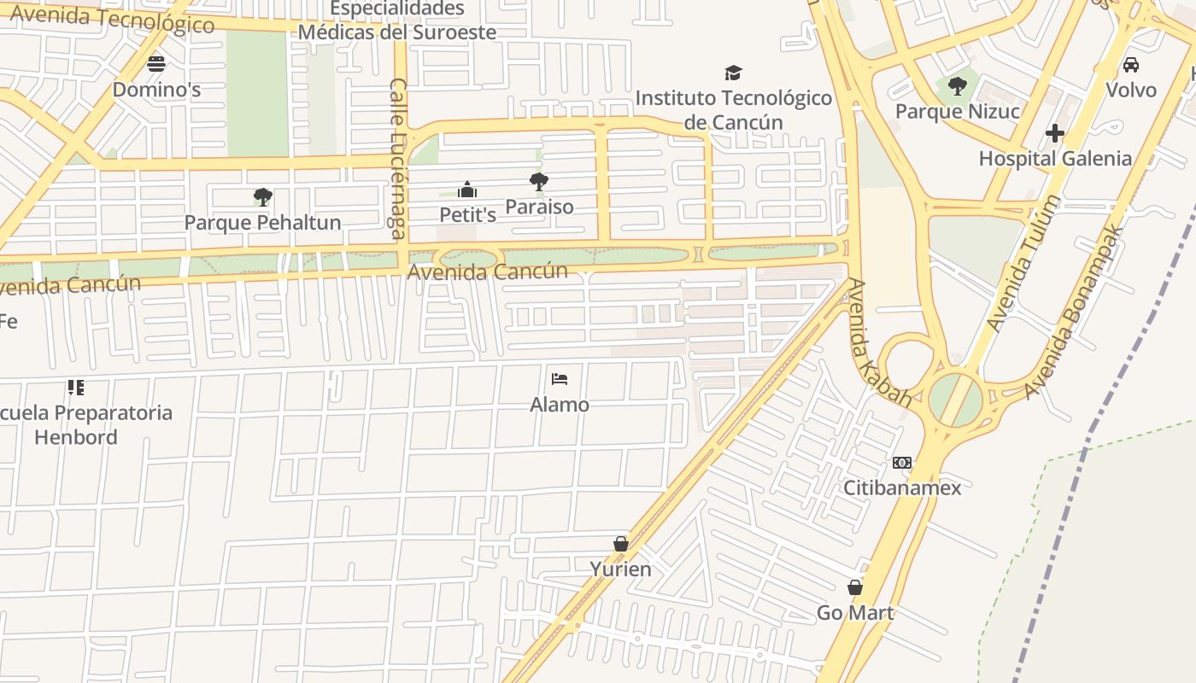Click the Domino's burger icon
tap(155, 63)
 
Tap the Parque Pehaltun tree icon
tap(262, 197)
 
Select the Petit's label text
tap(467, 214)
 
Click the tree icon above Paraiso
tap(538, 181)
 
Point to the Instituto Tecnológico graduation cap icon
tap(733, 73)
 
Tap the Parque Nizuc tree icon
tap(957, 85)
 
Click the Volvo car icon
tap(1130, 64)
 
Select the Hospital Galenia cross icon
tap(1055, 133)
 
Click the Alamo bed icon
tap(560, 378)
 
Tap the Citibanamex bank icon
tap(901, 463)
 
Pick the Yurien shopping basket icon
tap(621, 544)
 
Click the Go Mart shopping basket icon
tap(854, 587)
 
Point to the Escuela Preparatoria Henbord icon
tap(76, 388)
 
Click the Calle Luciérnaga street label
tap(398, 158)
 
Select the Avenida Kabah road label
tap(879, 341)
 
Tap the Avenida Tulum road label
tap(1023, 263)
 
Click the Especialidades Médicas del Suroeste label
tap(397, 20)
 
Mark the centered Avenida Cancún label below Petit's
tap(488, 271)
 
